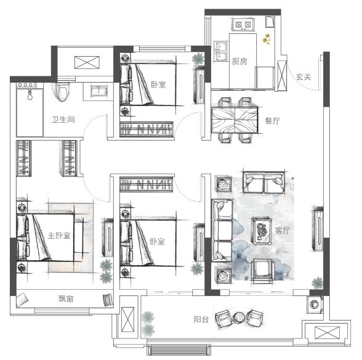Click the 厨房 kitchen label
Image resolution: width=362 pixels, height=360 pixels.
[x=239, y=62]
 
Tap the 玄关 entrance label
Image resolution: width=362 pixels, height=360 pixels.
[x=304, y=77]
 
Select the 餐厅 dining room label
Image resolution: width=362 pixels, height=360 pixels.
[x=272, y=121]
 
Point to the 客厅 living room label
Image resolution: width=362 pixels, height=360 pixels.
[x=282, y=231]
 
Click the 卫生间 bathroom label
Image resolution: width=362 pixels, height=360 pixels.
[x=63, y=120]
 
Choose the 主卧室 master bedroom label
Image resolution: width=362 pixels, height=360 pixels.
[x=59, y=235]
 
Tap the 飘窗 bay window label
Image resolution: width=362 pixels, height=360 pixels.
[x=66, y=299]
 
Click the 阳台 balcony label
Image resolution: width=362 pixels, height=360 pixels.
[x=201, y=319]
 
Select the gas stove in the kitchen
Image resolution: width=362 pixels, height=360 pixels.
[x=243, y=25]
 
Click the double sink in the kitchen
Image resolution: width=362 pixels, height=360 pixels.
[x=220, y=51]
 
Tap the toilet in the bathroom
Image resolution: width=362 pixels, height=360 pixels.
[x=62, y=92]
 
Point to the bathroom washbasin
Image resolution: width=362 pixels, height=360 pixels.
[x=99, y=91]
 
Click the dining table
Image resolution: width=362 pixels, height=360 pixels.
[x=235, y=120]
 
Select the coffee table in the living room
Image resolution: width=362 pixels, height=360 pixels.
[x=262, y=231]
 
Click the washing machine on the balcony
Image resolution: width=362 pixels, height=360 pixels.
[x=315, y=305]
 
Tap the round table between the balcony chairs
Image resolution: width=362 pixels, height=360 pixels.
[x=239, y=317]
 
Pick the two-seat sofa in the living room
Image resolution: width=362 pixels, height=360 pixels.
[x=263, y=182]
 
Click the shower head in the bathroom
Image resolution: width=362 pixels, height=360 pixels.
[x=30, y=95]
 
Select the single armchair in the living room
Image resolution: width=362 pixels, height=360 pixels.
[x=263, y=271]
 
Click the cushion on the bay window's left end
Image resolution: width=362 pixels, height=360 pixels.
[x=22, y=300]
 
